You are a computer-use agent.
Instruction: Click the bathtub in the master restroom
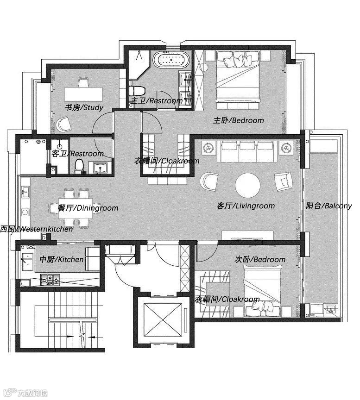click(x=171, y=60)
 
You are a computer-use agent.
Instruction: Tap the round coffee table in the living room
click(x=248, y=185)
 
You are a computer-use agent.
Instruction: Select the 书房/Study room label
click(x=84, y=107)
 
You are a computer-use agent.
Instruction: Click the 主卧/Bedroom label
click(x=239, y=120)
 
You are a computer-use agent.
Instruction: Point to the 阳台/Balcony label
click(x=329, y=206)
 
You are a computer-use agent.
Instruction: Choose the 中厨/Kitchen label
click(x=62, y=259)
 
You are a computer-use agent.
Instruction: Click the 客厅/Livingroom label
click(x=246, y=206)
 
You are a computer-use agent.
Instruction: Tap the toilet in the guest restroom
click(x=79, y=166)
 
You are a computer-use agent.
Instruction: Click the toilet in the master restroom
click(x=137, y=91)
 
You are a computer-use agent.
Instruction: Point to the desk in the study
click(x=83, y=94)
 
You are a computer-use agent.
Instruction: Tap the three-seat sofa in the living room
click(x=247, y=151)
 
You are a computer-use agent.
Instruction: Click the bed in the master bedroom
click(x=238, y=76)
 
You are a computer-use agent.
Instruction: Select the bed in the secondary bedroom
click(x=263, y=291)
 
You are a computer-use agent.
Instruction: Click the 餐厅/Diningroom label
click(x=88, y=208)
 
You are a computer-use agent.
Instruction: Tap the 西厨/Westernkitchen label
click(x=37, y=229)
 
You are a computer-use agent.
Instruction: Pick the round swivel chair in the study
click(x=63, y=124)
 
